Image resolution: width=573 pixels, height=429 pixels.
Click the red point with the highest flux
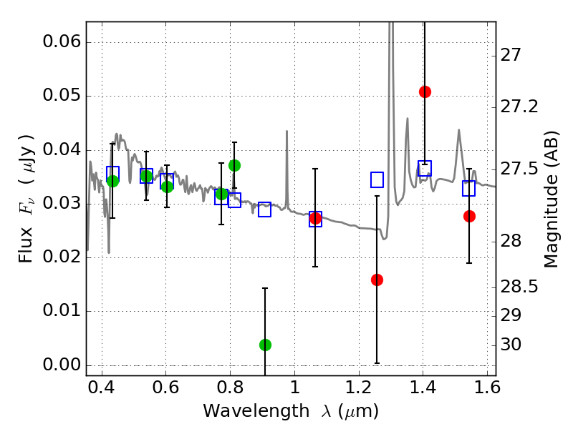425,92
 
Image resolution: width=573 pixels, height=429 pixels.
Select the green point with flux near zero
265,345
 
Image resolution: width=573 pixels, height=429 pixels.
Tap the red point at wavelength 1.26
377,280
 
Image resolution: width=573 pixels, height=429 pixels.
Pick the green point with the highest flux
234,165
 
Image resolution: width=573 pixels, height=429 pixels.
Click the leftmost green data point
112,181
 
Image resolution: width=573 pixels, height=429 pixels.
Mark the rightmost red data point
469,216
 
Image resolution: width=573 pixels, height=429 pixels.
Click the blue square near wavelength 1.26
377,179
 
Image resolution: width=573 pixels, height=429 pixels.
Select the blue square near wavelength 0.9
264,209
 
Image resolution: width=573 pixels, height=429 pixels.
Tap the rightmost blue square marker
469,188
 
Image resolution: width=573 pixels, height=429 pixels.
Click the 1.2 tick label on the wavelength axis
358,390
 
